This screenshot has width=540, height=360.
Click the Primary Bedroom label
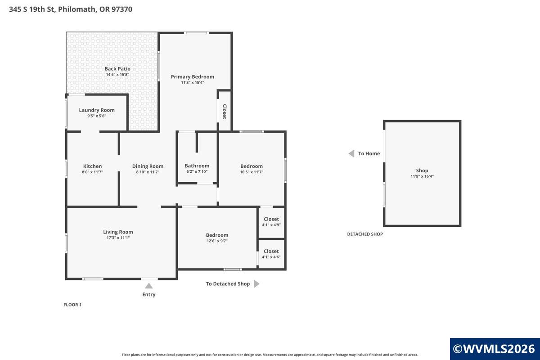click(x=192, y=76)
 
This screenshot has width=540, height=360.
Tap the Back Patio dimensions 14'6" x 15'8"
click(x=117, y=75)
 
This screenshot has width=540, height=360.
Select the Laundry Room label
click(x=97, y=110)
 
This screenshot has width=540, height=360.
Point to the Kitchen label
click(x=92, y=166)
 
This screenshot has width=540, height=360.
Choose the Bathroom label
click(x=197, y=166)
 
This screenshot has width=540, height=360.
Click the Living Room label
click(x=118, y=232)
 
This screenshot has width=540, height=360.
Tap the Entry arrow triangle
click(x=148, y=286)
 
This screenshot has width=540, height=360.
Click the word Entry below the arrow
click(x=148, y=295)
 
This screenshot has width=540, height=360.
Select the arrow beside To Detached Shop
click(x=256, y=284)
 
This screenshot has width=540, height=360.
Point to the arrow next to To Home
click(x=351, y=153)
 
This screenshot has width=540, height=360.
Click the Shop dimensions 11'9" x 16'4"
click(x=422, y=176)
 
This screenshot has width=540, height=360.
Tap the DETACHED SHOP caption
click(x=364, y=234)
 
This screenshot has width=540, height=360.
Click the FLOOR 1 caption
click(x=72, y=305)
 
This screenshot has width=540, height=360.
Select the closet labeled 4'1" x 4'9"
click(x=271, y=222)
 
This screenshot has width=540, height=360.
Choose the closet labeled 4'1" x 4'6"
click(x=271, y=254)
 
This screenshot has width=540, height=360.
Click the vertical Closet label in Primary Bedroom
click(x=224, y=112)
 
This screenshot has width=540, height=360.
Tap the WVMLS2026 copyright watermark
click(x=494, y=349)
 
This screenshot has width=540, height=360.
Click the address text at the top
click(x=71, y=9)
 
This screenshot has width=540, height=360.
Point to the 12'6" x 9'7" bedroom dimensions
click(x=217, y=241)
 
